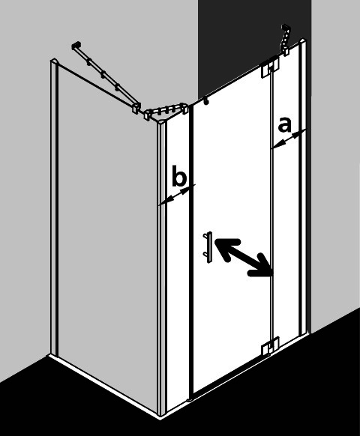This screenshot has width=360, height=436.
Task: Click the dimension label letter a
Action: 284,124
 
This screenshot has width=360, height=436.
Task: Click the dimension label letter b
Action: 178,176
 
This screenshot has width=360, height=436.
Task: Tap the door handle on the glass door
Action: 208,247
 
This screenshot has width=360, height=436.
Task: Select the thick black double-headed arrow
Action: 243,258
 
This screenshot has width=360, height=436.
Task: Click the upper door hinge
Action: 270,67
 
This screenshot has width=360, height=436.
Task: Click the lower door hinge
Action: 270,346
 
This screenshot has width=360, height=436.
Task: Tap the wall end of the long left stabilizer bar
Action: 76,46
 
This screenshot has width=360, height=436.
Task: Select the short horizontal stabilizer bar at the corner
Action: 166,111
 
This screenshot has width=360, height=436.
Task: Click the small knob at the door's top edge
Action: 206,103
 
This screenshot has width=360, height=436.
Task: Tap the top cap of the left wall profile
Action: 54,61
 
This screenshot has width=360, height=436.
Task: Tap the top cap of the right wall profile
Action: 302,42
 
